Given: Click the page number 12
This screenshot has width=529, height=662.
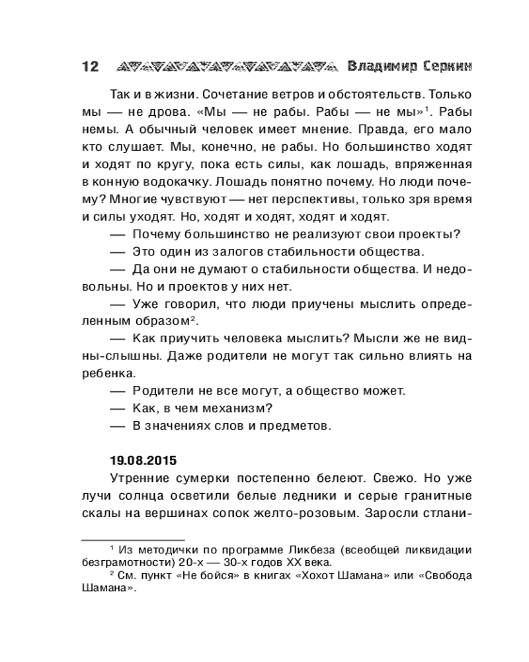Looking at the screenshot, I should tap(89, 67).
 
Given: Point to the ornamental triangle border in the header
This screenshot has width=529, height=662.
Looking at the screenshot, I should tap(224, 67).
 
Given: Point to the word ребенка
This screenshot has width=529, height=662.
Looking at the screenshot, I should tap(108, 373).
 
